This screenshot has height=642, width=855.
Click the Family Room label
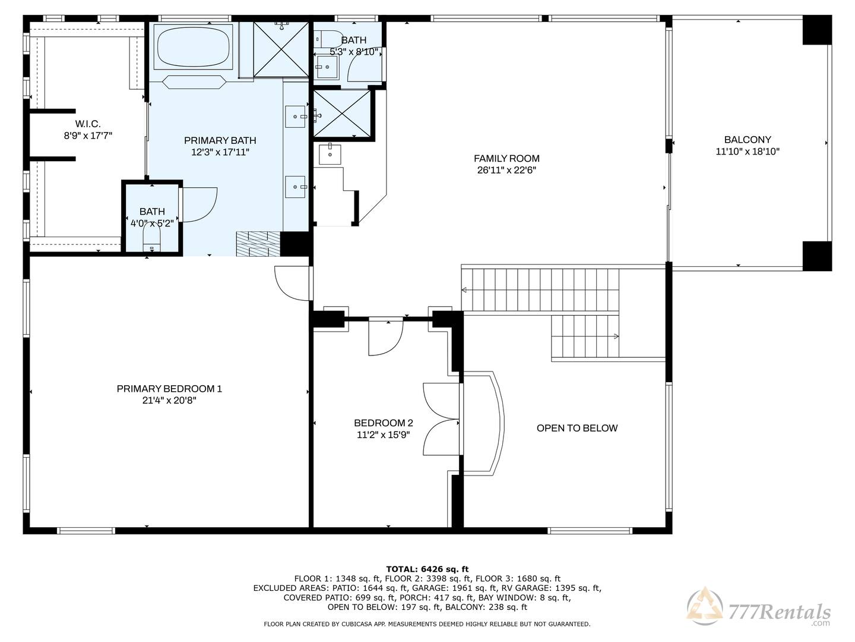point(506,158)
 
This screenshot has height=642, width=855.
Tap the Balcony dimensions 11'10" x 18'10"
point(748,151)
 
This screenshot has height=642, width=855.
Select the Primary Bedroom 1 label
point(169,389)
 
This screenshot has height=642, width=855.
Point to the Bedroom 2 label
point(384,423)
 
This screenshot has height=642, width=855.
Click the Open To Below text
point(577,428)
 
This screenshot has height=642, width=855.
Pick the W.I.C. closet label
point(88,124)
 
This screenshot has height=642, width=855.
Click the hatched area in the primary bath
point(258,244)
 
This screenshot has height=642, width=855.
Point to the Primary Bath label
point(220,140)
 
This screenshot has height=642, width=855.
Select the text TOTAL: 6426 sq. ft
point(427,569)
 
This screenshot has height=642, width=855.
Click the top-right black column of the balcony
point(817,30)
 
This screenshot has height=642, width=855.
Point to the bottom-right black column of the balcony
point(817,256)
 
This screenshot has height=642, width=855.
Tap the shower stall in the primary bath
point(281,49)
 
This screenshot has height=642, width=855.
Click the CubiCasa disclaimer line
point(427,624)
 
